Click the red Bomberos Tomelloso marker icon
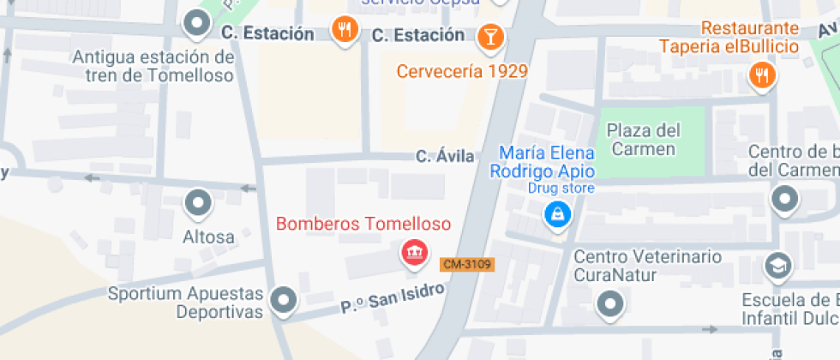coord(415,252)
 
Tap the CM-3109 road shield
coord(467,265)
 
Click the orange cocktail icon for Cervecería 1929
coord(489,35)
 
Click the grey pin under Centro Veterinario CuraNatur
coord(609,303)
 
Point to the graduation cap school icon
coord(777,266)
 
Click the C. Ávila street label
coord(445,156)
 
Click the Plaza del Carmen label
coord(644,140)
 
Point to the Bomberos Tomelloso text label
coord(363,225)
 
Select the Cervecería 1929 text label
coord(461,71)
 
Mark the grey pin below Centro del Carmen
coord(784,200)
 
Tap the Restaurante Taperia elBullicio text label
coord(729,37)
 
